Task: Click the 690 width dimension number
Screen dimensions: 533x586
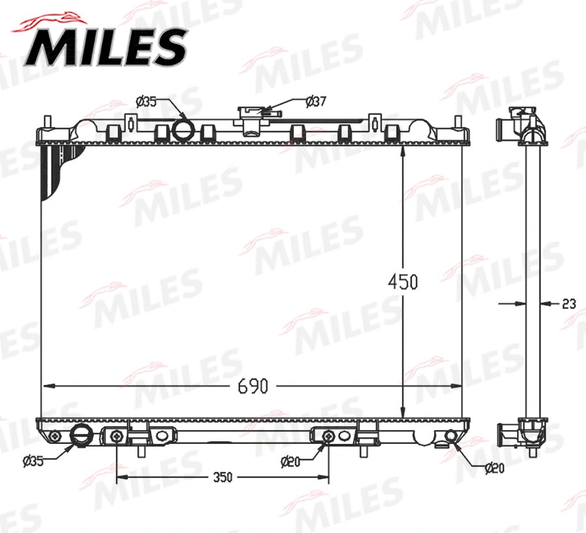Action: [253, 387]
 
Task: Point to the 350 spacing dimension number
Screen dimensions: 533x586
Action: [222, 477]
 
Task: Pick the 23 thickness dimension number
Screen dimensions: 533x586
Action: [568, 303]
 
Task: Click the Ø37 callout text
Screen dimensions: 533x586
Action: [316, 101]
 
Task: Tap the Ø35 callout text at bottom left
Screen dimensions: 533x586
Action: [33, 461]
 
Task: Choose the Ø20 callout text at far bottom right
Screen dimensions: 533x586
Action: [495, 467]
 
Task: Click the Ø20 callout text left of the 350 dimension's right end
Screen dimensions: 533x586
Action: [290, 461]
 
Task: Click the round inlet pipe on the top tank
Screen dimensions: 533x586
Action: [184, 129]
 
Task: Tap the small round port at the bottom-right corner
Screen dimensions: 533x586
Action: [450, 436]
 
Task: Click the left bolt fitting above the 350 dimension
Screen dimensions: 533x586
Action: [117, 436]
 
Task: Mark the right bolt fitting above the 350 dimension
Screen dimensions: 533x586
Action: [328, 436]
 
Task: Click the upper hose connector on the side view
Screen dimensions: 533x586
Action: [503, 124]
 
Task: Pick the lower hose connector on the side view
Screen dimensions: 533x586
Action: [505, 432]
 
